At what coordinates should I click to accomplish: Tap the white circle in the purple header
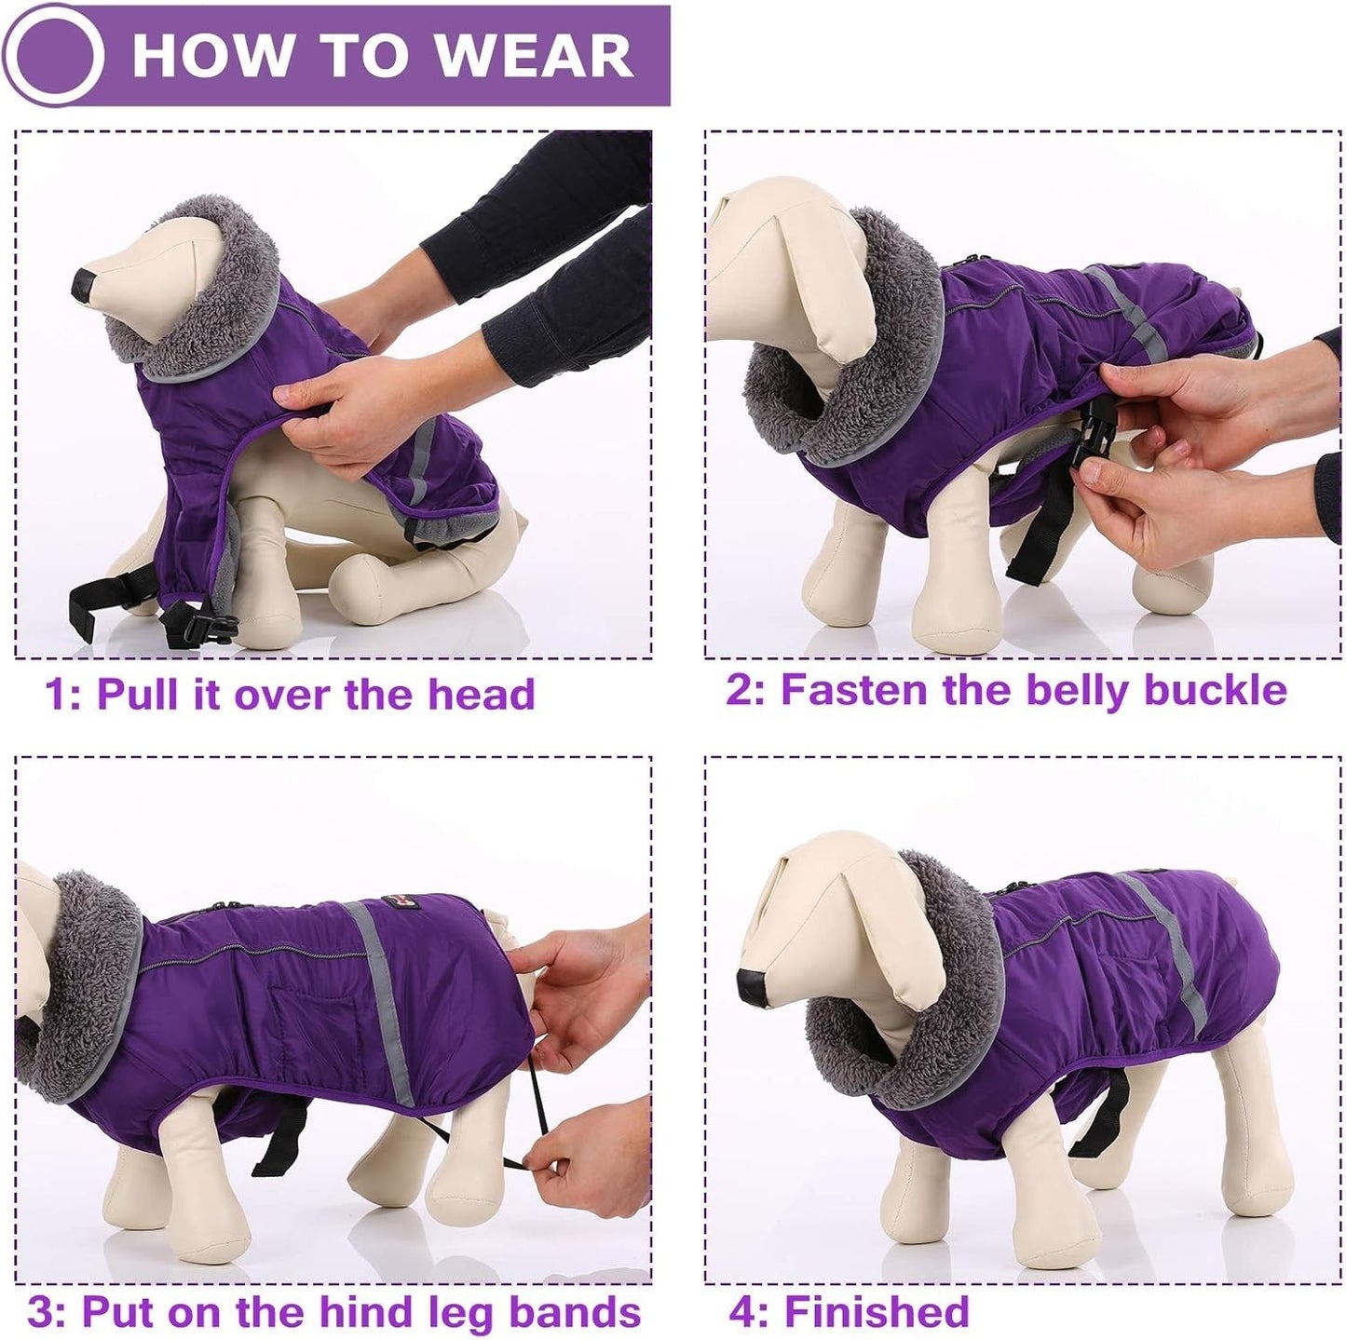[60, 57]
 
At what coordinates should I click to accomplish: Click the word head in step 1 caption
[482, 694]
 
